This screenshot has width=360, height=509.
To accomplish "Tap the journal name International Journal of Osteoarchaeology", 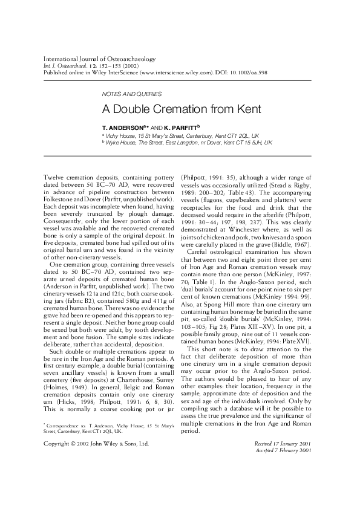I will point(100,59).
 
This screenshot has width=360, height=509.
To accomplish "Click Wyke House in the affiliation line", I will point(121,143).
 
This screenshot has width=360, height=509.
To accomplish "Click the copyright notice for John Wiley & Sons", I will point(97,444).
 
